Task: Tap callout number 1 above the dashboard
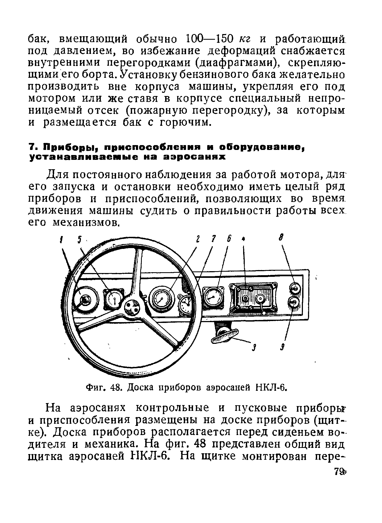[x=61, y=239]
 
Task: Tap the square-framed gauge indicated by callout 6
[x=213, y=297]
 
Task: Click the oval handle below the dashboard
[x=225, y=335]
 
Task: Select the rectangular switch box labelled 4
[x=253, y=298]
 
